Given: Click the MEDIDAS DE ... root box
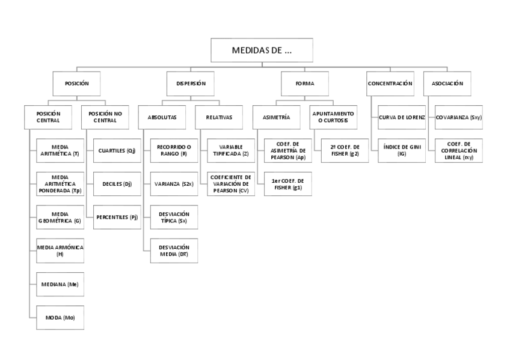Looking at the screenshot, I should [x=262, y=50].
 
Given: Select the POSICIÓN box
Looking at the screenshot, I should [x=82, y=84].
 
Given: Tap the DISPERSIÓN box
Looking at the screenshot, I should [x=191, y=84].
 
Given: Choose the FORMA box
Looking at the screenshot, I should [x=304, y=84].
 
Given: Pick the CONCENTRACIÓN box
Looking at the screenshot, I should [x=390, y=84].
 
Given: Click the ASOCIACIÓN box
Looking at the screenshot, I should [x=447, y=84].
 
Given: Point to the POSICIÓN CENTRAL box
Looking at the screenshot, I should [x=48, y=117].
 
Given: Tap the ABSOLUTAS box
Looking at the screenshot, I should [x=162, y=117].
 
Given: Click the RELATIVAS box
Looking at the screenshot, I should [x=218, y=117].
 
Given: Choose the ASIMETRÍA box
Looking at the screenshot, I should [x=275, y=117].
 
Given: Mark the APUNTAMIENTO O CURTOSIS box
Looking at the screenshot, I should [x=332, y=117].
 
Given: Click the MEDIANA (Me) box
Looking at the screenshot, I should [x=60, y=284].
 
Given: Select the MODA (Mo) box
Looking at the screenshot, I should [x=60, y=317].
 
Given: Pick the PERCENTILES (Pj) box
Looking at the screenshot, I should [x=117, y=217].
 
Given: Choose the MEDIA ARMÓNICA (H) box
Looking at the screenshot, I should [x=60, y=251].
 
